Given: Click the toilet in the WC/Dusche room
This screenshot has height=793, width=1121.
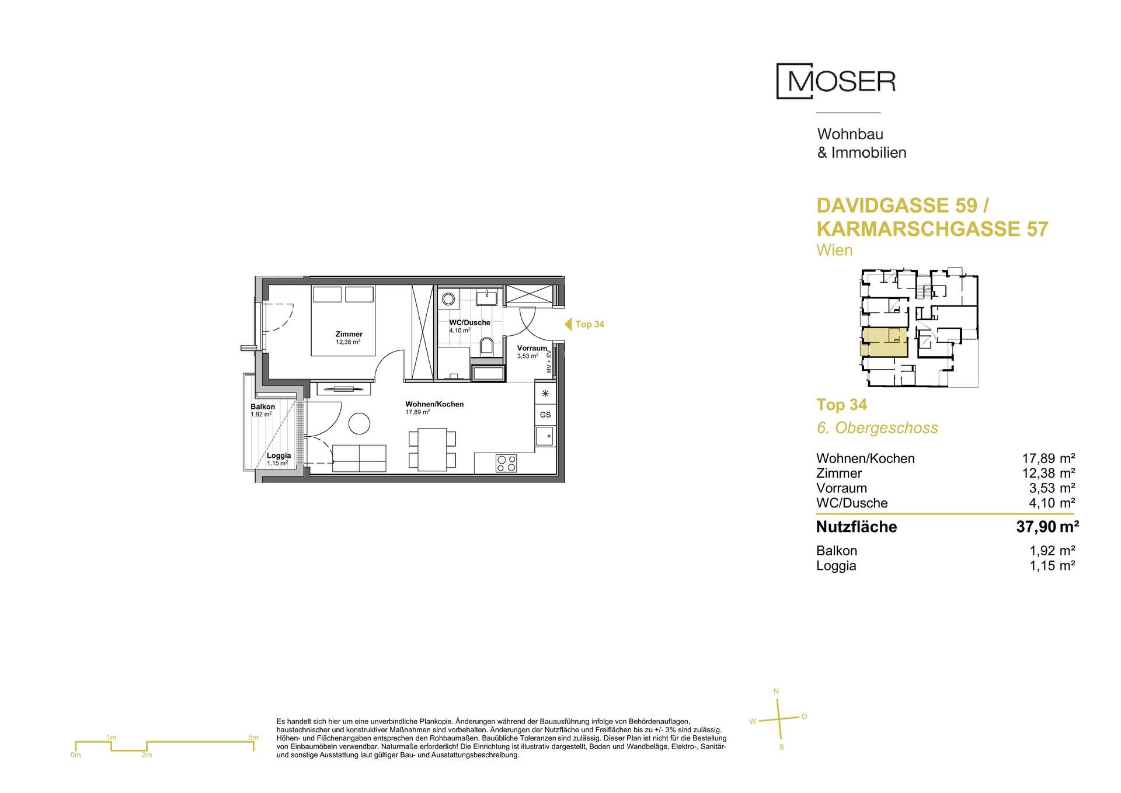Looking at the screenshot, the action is (x=486, y=346).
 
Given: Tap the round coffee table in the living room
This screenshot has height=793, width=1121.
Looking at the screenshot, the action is (x=360, y=423).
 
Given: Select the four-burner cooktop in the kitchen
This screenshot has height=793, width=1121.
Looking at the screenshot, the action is (x=506, y=462).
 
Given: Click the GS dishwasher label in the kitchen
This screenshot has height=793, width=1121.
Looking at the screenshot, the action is (x=545, y=415).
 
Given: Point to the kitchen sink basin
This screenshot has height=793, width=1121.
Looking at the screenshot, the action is (x=545, y=436).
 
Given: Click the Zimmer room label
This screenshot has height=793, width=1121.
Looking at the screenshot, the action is (x=349, y=334).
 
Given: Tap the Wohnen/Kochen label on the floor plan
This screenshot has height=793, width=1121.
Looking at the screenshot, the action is (x=435, y=404).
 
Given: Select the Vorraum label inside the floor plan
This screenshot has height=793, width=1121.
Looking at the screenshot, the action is (x=532, y=348).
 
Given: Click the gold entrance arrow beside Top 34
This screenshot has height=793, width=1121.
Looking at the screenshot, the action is (x=568, y=324).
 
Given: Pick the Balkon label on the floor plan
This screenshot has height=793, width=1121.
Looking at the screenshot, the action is (x=263, y=406).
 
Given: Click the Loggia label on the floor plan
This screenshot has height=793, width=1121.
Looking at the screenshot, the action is (x=279, y=456).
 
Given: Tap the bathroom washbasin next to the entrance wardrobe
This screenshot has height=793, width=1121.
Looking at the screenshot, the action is (x=487, y=298).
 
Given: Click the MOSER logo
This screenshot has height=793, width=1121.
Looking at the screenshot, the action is (x=836, y=81).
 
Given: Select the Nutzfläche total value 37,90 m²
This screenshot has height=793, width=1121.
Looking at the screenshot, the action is (x=1047, y=527).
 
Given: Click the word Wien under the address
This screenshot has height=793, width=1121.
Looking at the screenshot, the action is (x=834, y=250).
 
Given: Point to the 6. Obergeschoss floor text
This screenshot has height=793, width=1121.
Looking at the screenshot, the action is (x=877, y=428).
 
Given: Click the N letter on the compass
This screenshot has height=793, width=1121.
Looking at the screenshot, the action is (x=776, y=691).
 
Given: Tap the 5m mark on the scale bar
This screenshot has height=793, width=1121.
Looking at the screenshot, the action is (x=253, y=738).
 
